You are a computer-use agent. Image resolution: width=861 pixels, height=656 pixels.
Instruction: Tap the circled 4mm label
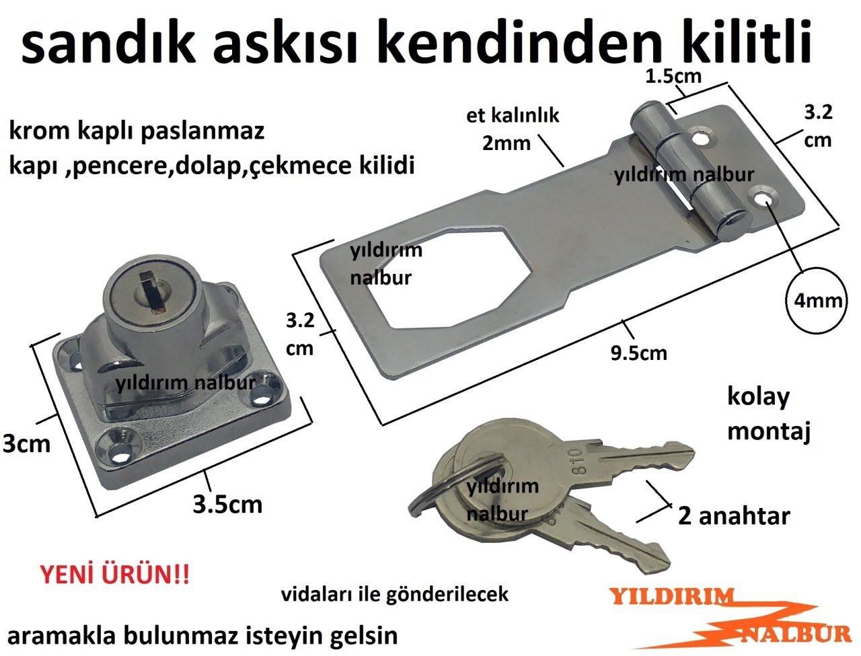point(818,301)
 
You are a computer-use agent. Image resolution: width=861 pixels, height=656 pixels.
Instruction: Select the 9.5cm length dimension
point(638,353)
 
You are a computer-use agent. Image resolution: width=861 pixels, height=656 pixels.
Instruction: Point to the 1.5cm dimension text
point(673,76)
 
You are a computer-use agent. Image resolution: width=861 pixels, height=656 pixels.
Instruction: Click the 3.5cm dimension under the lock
point(227,504)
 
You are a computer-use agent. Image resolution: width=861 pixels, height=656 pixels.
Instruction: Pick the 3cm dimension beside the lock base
point(26,444)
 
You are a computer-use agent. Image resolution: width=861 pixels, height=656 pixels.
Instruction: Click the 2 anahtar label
point(734,516)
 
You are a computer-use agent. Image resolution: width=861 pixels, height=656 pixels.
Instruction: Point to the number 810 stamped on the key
point(575,462)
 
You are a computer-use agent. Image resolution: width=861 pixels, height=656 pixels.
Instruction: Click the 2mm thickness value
point(506,143)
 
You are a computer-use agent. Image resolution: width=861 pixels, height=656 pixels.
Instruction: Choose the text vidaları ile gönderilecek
point(395,594)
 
